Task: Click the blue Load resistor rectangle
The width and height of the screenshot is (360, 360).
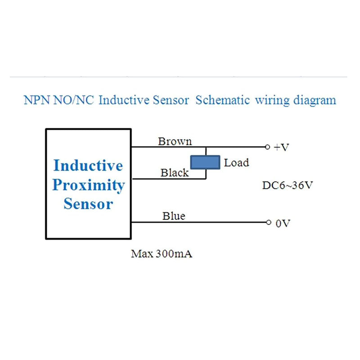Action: [205, 162]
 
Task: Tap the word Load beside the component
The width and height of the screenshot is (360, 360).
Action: [236, 162]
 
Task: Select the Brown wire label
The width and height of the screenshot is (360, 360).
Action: [175, 141]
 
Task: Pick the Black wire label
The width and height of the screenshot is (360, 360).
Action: [175, 173]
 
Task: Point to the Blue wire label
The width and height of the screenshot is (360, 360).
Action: [174, 216]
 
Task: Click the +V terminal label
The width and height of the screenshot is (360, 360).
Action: [282, 148]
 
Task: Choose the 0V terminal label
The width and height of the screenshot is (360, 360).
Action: [283, 223]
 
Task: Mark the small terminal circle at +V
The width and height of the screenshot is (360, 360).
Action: [267, 147]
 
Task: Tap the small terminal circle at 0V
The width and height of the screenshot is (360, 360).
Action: [268, 223]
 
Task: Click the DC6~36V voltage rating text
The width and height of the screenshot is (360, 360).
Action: [287, 185]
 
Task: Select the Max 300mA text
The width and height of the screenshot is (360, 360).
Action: [162, 254]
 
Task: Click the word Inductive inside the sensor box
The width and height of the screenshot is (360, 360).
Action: [88, 166]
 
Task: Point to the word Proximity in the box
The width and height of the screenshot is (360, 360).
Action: [88, 185]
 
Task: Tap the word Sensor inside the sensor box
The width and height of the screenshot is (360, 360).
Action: [88, 204]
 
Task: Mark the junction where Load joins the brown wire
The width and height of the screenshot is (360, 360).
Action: [206, 147]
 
